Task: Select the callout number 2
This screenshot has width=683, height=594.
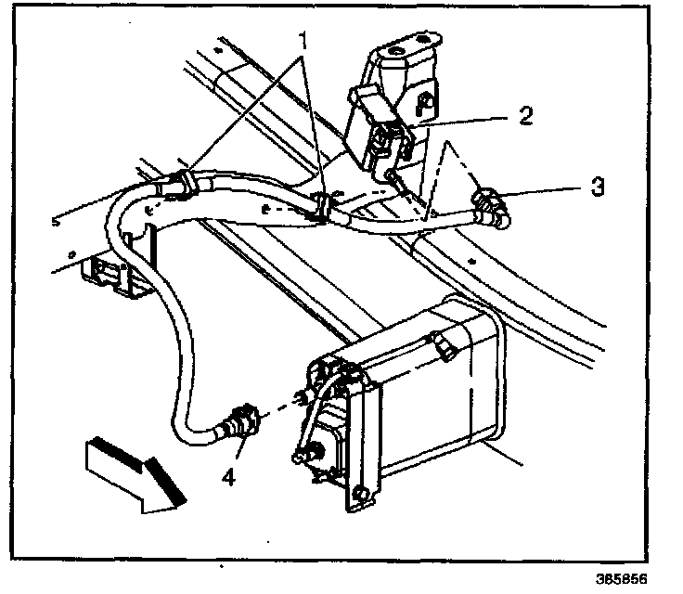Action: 524,116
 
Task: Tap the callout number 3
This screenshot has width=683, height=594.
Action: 599,187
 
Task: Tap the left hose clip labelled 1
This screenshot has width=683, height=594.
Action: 181,182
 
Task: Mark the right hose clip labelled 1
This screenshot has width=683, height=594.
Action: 321,209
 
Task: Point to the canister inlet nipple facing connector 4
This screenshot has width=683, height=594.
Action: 301,398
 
